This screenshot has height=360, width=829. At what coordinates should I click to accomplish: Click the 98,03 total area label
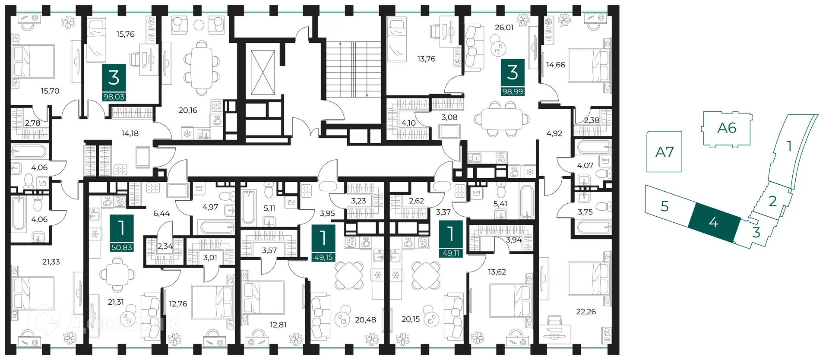click(114, 97)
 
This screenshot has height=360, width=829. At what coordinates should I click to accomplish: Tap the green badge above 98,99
click(512, 73)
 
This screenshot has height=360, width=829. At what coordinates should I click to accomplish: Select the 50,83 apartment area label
click(121, 247)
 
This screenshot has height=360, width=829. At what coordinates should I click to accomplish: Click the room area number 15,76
click(125, 34)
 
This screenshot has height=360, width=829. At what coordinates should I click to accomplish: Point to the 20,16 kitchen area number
click(188, 110)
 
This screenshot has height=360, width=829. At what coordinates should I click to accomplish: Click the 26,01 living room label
click(504, 27)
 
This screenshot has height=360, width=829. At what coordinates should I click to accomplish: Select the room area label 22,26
click(585, 311)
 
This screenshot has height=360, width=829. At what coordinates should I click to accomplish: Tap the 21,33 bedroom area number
click(51, 262)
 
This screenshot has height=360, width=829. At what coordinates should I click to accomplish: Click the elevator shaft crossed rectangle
click(263, 72)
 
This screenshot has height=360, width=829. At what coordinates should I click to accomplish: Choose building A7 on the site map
click(664, 152)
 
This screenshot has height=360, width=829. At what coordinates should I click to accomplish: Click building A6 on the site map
click(726, 128)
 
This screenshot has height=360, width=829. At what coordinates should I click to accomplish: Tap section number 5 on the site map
click(664, 206)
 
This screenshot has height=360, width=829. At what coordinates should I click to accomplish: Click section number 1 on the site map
click(789, 147)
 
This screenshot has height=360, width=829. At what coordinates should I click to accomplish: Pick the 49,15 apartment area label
click(323, 257)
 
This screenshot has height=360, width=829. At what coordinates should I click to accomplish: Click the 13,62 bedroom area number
click(497, 272)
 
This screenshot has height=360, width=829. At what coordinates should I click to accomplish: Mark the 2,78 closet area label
click(32, 123)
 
